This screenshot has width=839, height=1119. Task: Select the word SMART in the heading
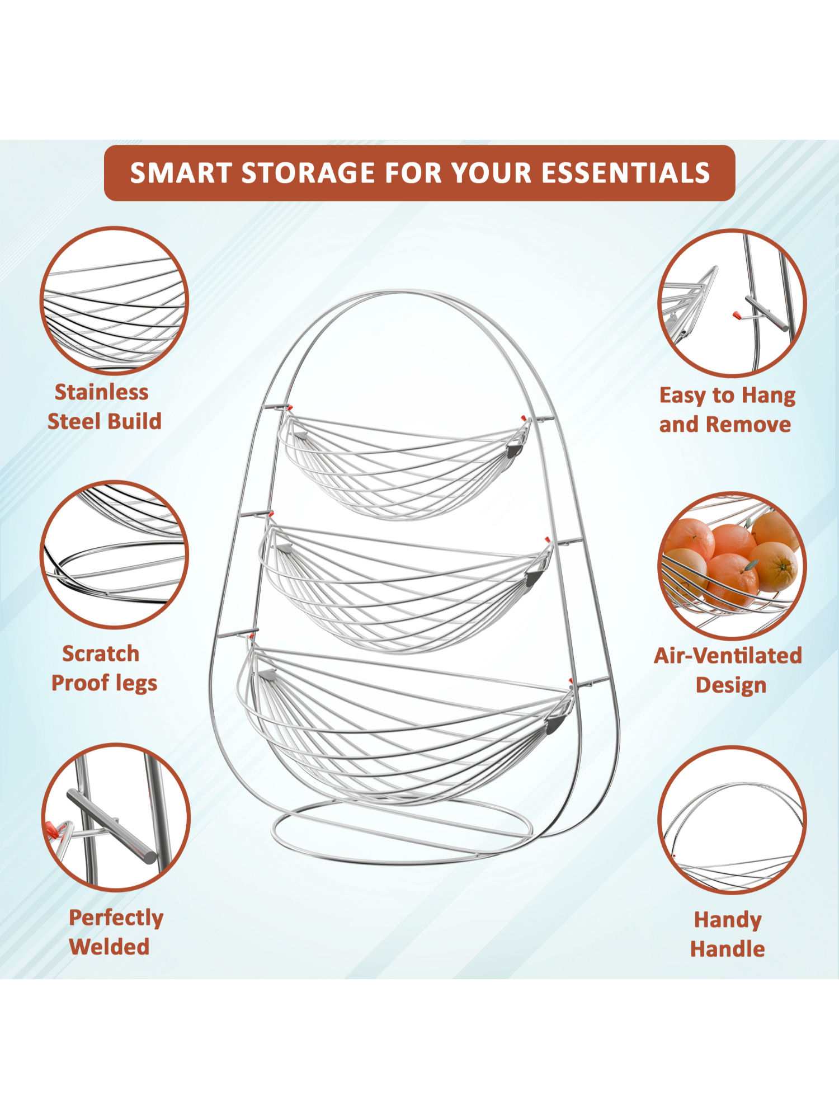182,173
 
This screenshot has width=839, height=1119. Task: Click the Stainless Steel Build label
104,407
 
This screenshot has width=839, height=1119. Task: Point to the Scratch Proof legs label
104,669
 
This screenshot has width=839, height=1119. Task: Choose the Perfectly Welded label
115,933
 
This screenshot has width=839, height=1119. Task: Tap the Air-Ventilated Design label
728,670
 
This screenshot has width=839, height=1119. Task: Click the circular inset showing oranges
732,566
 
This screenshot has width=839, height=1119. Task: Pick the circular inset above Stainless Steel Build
114,300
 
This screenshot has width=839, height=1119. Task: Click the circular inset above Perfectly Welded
116,817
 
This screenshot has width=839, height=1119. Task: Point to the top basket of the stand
403,467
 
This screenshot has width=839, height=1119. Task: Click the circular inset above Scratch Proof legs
114,554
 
